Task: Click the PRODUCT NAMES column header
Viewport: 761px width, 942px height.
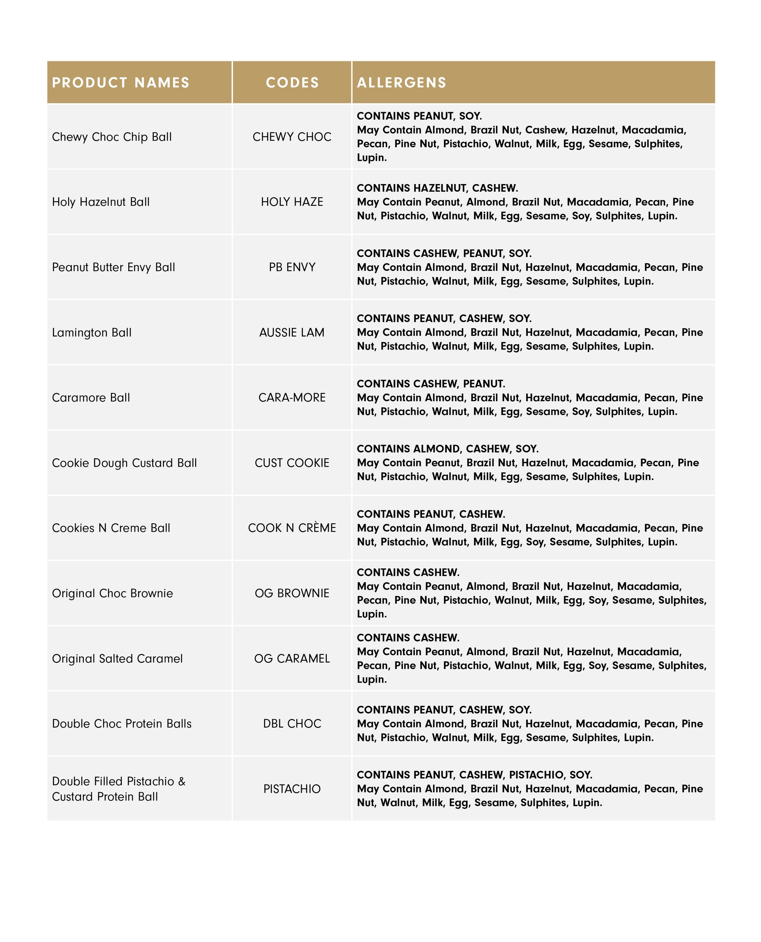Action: [x=121, y=83]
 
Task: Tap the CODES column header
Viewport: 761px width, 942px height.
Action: [x=292, y=83]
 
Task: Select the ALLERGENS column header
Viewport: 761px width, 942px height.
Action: [x=401, y=83]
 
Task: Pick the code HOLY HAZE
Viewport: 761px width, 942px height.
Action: [x=292, y=202]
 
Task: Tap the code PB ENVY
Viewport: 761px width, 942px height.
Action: [x=292, y=267]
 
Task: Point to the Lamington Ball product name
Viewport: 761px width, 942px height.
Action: [x=92, y=332]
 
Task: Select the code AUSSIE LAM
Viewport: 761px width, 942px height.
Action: [x=292, y=332]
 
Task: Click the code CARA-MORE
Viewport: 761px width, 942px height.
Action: [x=292, y=397]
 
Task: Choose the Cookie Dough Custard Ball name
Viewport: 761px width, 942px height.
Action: [x=124, y=463]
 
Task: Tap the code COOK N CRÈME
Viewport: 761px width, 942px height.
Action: [x=292, y=528]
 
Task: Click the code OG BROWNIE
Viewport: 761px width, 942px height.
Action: [x=292, y=593]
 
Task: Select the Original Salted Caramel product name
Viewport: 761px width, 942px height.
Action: [x=117, y=659]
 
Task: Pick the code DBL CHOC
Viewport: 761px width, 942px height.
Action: [x=292, y=723]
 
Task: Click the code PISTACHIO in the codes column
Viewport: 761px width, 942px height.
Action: [x=292, y=789]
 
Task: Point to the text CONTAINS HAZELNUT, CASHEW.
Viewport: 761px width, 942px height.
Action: [x=437, y=188]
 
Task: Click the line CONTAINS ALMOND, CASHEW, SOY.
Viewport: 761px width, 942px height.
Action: [x=447, y=449]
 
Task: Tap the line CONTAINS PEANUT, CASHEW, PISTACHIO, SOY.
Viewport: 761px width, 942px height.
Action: [x=474, y=775]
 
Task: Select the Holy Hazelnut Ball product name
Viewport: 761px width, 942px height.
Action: [x=101, y=202]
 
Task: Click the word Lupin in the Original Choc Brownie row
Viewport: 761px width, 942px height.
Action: [x=371, y=614]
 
